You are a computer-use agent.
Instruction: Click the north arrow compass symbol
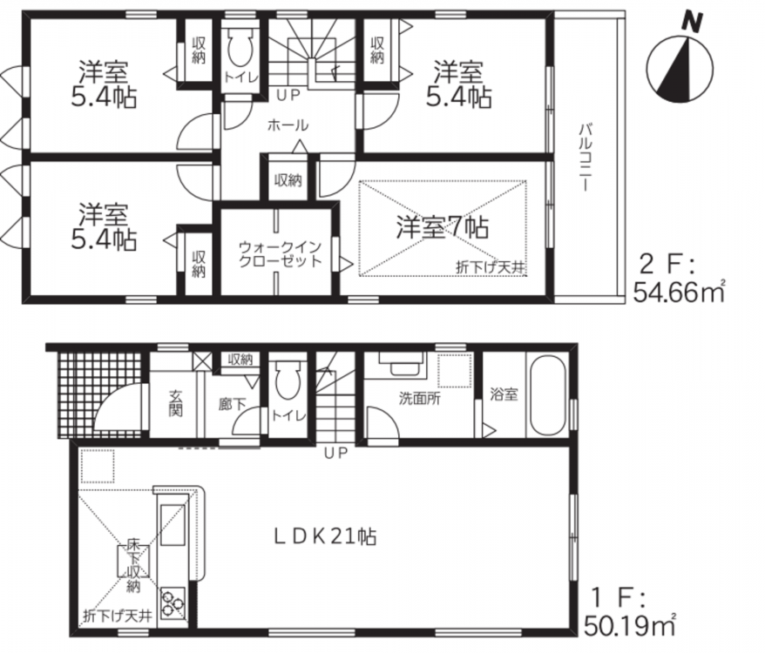679,63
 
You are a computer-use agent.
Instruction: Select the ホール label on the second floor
288,125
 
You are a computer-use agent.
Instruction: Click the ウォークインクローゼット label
280,253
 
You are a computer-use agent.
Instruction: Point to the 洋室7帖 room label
442,227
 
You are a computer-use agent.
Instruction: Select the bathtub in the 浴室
547,394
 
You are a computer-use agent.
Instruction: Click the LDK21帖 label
324,537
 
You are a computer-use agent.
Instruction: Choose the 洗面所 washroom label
420,399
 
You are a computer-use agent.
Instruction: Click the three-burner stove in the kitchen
173,603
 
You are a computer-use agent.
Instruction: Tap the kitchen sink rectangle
173,525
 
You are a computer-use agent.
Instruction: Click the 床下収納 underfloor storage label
133,565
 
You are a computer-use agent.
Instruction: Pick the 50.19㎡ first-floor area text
629,626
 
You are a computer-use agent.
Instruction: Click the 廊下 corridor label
233,404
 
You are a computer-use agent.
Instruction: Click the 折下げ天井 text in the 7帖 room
490,267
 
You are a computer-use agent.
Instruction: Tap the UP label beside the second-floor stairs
288,96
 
